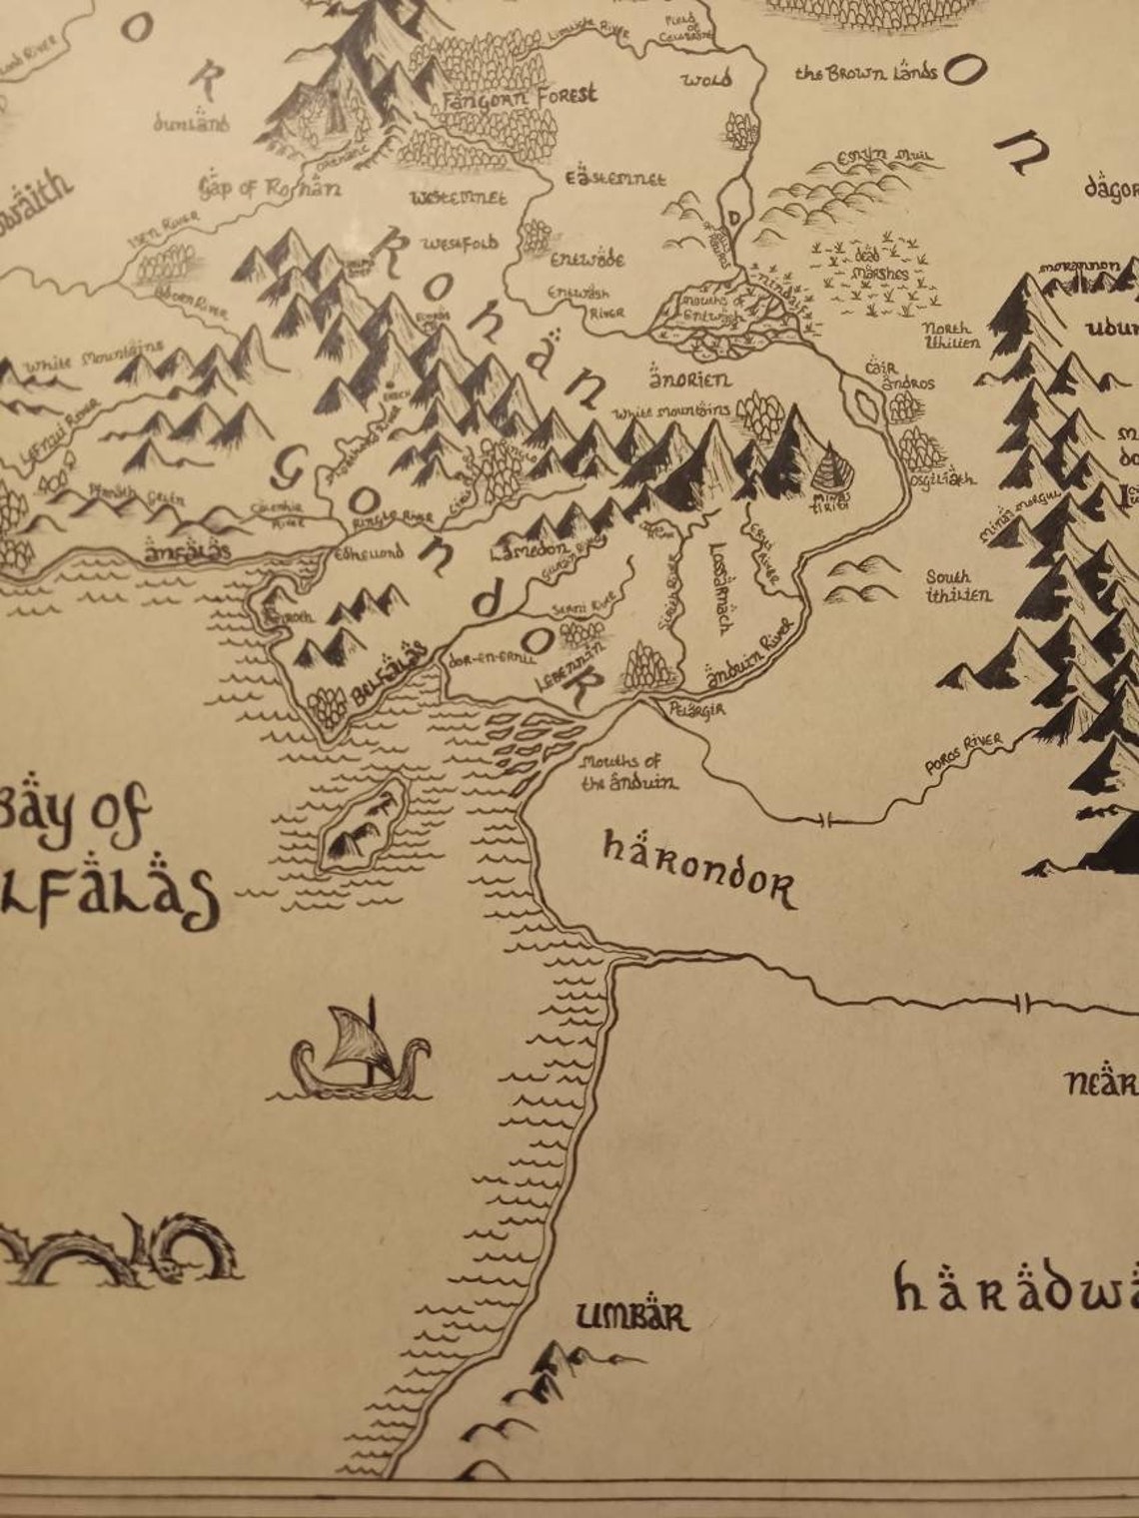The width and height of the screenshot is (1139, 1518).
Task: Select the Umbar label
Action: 632,1317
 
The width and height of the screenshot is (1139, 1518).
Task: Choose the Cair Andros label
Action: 899,376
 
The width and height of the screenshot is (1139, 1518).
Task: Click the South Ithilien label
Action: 957,586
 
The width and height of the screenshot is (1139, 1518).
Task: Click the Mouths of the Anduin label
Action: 627,773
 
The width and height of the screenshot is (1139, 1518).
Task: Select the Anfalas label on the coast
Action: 188,550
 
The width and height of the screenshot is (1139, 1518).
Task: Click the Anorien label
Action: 690,379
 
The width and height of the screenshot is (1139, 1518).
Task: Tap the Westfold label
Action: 460,244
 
